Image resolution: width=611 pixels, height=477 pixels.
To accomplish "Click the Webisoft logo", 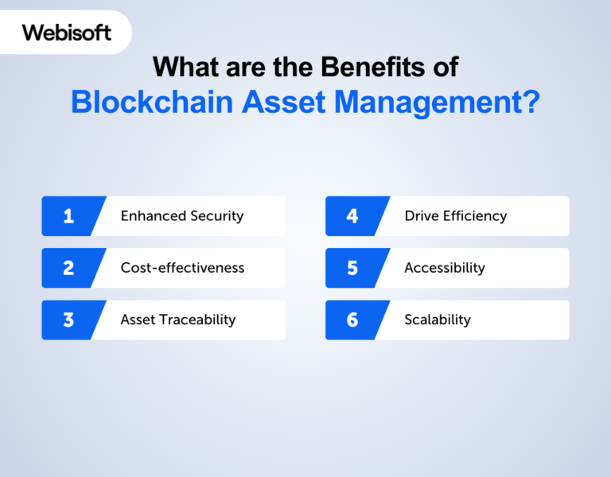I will [x=67, y=33].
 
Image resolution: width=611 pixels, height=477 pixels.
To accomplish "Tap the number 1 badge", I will [x=68, y=216].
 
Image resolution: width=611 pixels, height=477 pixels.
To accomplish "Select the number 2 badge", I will [x=68, y=268].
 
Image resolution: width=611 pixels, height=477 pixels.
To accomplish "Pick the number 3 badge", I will [x=68, y=320].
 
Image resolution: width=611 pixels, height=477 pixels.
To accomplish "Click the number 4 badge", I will [x=352, y=216].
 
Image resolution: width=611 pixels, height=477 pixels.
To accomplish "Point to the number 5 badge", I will [x=352, y=268].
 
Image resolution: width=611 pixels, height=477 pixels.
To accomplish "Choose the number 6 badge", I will [x=352, y=320].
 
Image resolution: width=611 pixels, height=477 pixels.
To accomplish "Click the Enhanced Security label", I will [x=182, y=216].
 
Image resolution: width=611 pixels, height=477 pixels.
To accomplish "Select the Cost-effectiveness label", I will [x=182, y=268].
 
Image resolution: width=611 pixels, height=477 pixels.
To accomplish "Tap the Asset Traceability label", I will [x=178, y=320].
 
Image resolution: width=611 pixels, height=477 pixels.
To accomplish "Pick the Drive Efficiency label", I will [x=455, y=216].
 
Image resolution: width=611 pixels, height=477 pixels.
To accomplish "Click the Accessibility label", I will [x=444, y=268].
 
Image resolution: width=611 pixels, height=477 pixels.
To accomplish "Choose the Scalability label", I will [x=438, y=320].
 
